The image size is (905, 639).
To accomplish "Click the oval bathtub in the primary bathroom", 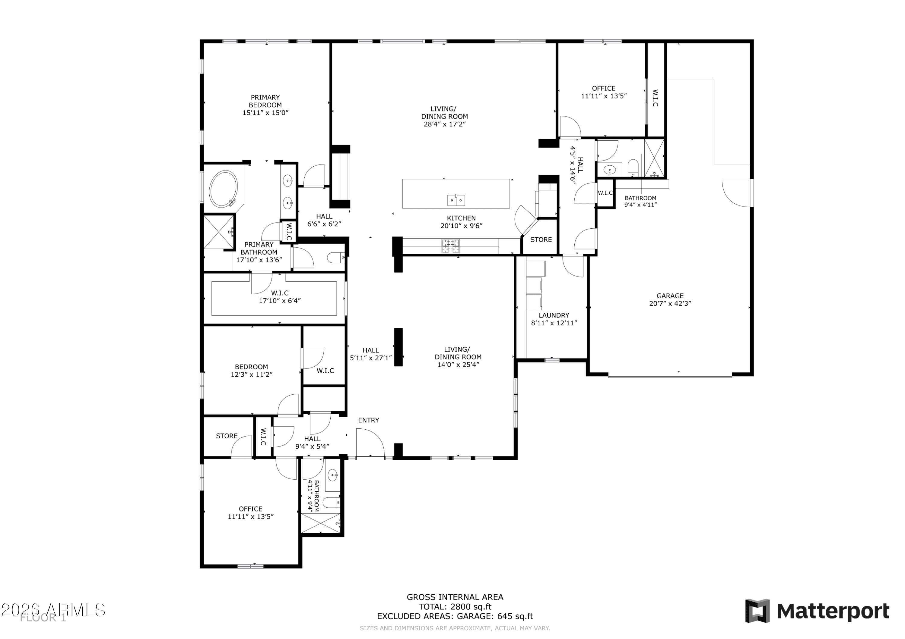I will (x=224, y=189).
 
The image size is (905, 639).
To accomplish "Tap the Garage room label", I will (x=670, y=296).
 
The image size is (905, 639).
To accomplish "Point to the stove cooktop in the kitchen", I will (x=450, y=246).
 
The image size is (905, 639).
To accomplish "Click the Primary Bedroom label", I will (x=265, y=101).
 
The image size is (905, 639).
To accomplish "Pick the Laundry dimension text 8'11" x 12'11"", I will (x=554, y=323).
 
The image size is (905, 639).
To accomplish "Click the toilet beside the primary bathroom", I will (x=336, y=258).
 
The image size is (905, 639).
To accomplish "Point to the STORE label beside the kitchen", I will (x=541, y=240).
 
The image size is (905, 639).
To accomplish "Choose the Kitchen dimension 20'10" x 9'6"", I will (x=461, y=226).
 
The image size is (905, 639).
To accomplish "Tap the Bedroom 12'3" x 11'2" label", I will (x=252, y=371).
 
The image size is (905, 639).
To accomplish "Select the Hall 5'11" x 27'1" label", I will (x=370, y=354).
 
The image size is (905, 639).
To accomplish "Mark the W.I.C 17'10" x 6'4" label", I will (x=279, y=297).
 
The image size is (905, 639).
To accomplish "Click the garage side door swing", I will (x=736, y=193).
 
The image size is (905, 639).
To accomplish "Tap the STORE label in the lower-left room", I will (x=227, y=436).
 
